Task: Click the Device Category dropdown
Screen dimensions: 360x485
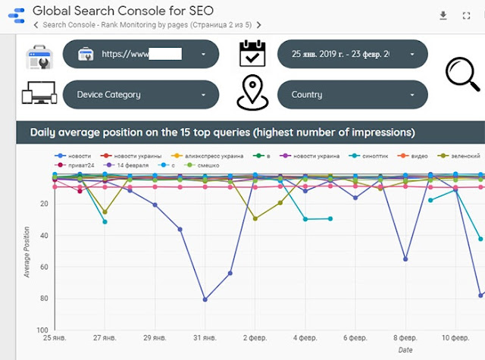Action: click(x=141, y=95)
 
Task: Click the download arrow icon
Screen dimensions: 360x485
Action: click(x=443, y=15)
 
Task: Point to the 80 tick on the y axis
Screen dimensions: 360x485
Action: click(x=43, y=299)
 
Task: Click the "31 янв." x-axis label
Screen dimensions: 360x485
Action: click(x=205, y=337)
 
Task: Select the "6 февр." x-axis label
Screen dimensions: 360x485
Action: click(x=355, y=337)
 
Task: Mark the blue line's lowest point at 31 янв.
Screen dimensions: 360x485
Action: click(x=205, y=299)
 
